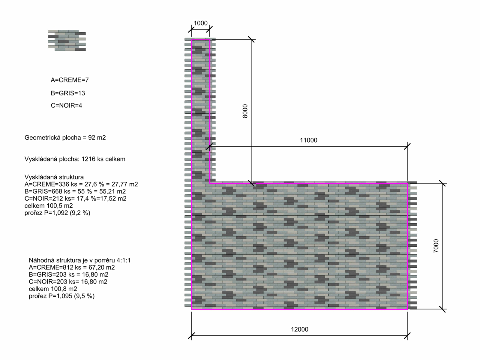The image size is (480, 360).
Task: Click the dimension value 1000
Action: tap(200, 23)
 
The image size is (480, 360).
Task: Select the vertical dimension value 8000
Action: tap(245, 111)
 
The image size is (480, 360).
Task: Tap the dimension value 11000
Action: tap(308, 140)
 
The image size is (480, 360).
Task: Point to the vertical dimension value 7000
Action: tap(436, 246)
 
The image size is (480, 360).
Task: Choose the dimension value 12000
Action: tap(299, 329)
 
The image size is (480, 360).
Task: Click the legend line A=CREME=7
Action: tap(70, 80)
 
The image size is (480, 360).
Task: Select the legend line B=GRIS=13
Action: tap(68, 93)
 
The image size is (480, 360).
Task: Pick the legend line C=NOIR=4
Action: tap(66, 105)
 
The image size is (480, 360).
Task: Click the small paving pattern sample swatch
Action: tap(67, 40)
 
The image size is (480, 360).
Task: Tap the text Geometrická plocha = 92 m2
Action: tap(65, 137)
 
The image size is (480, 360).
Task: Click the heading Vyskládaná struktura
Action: tap(54, 177)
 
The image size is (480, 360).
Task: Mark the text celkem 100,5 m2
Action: tap(49, 206)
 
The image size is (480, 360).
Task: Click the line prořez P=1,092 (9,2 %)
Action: tap(57, 213)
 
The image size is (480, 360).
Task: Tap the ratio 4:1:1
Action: tap(124, 260)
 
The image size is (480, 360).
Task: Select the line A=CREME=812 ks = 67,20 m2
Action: tap(72, 267)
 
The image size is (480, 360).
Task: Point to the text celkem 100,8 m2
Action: tap(53, 289)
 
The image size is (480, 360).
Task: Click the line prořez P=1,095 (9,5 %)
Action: tap(62, 296)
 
